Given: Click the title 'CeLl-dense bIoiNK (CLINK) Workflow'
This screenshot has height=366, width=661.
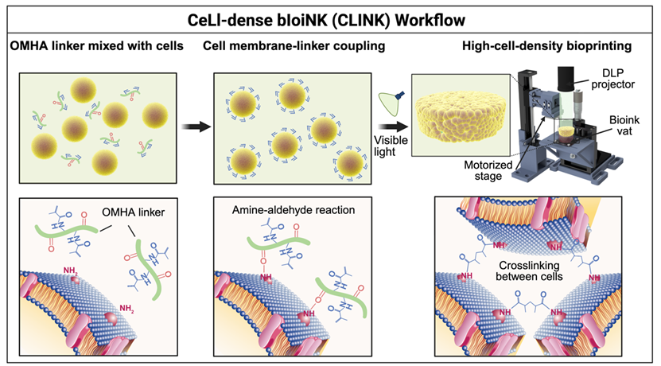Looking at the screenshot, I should coord(330,15).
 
